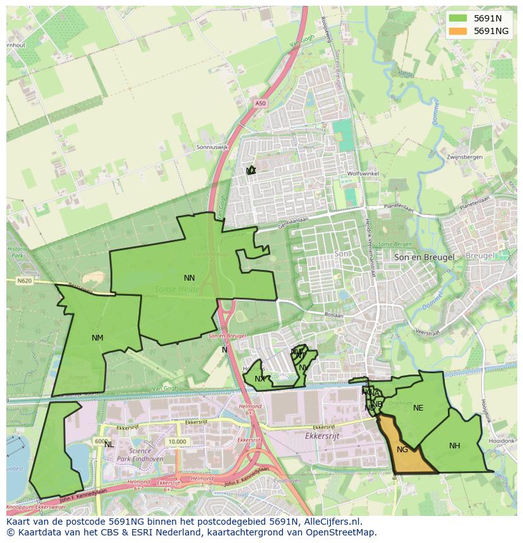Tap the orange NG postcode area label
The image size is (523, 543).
click(x=402, y=450)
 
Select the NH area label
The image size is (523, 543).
click(x=454, y=446)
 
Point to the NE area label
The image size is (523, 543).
click(x=418, y=408)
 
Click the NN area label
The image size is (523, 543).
click(x=189, y=277)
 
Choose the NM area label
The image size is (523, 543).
click(x=97, y=338)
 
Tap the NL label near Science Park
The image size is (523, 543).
click(x=109, y=444)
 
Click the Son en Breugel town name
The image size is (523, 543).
click(x=424, y=257)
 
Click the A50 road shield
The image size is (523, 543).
click(x=261, y=103)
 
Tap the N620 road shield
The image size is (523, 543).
click(x=24, y=281)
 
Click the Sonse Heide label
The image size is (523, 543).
click(x=176, y=289)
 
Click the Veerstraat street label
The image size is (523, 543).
click(x=427, y=332)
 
